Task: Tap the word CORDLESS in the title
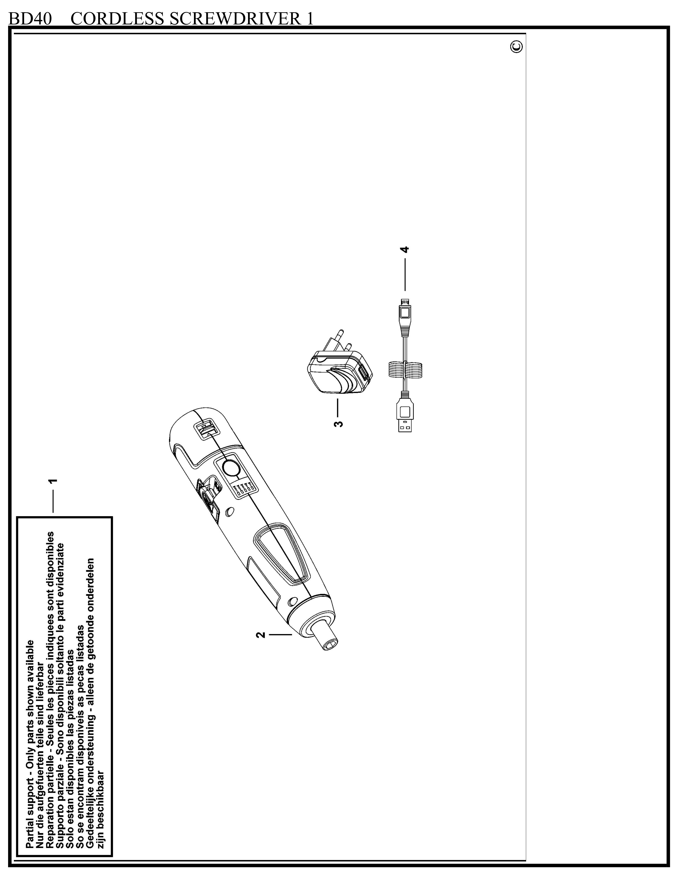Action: point(118,19)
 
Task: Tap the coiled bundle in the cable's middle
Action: point(405,369)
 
